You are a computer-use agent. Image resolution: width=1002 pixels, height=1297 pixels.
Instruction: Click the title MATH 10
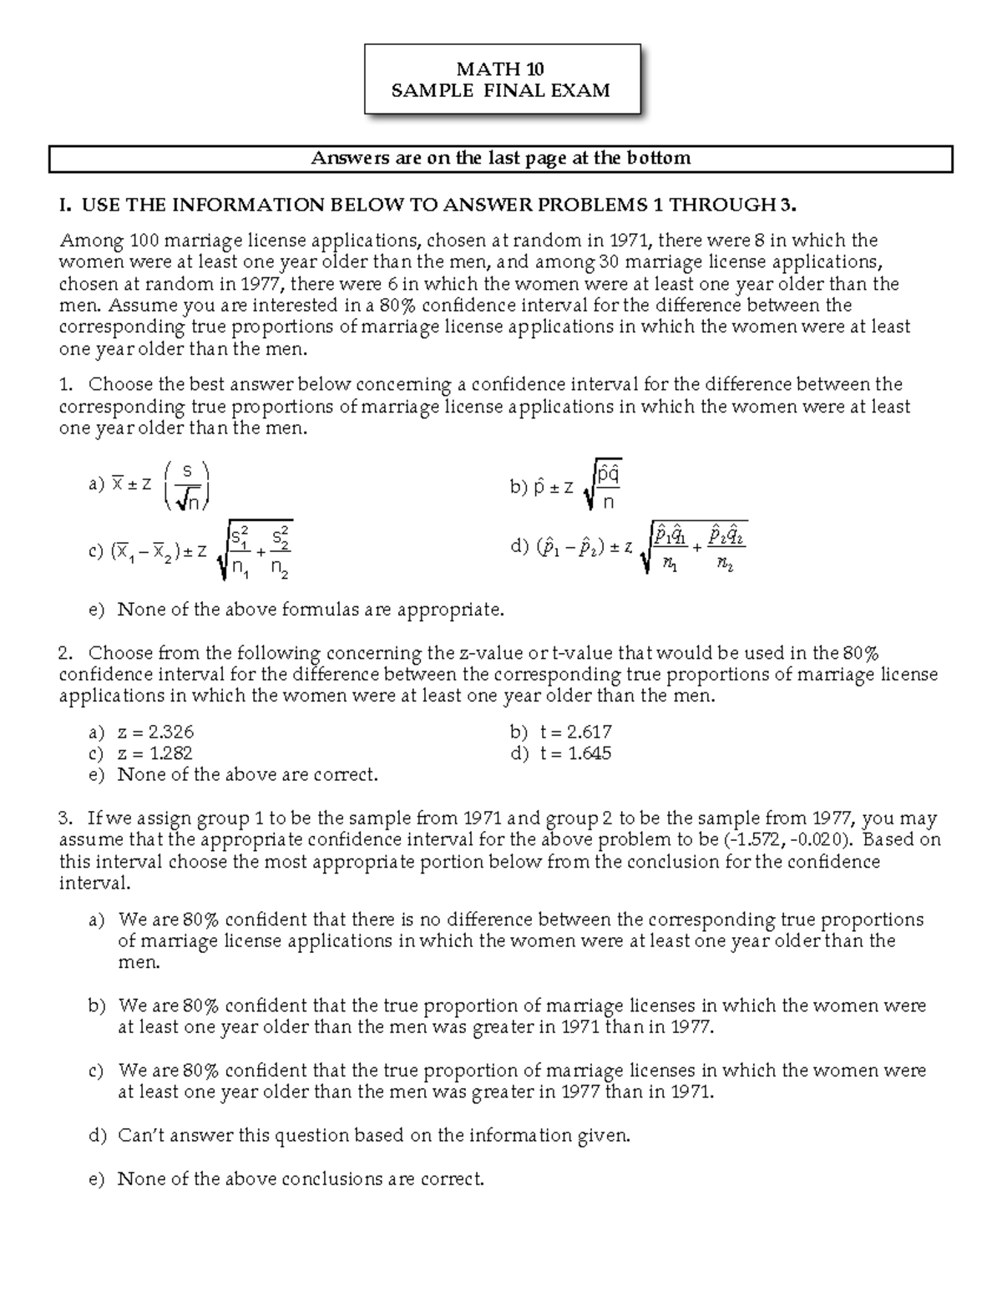pyautogui.click(x=501, y=69)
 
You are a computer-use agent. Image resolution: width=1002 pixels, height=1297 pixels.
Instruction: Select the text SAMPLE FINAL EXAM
pyautogui.click(x=501, y=90)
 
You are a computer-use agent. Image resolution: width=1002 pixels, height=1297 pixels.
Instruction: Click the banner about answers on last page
pyautogui.click(x=501, y=159)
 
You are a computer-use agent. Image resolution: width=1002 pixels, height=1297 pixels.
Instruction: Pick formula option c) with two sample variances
pyautogui.click(x=190, y=550)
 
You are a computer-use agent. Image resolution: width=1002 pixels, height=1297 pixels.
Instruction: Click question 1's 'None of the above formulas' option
pyautogui.click(x=296, y=610)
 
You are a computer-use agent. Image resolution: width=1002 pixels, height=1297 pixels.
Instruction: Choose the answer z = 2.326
pyautogui.click(x=142, y=732)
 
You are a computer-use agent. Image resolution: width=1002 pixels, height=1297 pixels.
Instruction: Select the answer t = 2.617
pyautogui.click(x=561, y=732)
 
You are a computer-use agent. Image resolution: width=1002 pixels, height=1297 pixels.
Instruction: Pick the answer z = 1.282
pyautogui.click(x=142, y=753)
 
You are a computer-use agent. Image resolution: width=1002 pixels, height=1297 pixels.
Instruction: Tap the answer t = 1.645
pyautogui.click(x=561, y=753)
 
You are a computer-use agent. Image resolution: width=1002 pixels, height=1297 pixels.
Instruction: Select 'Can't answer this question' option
pyautogui.click(x=360, y=1136)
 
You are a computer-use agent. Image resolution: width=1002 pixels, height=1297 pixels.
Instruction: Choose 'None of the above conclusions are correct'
pyautogui.click(x=286, y=1179)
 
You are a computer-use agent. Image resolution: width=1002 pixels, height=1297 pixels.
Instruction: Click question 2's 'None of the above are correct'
pyautogui.click(x=234, y=775)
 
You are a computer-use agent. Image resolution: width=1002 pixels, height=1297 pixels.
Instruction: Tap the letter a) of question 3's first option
pyautogui.click(x=97, y=920)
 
